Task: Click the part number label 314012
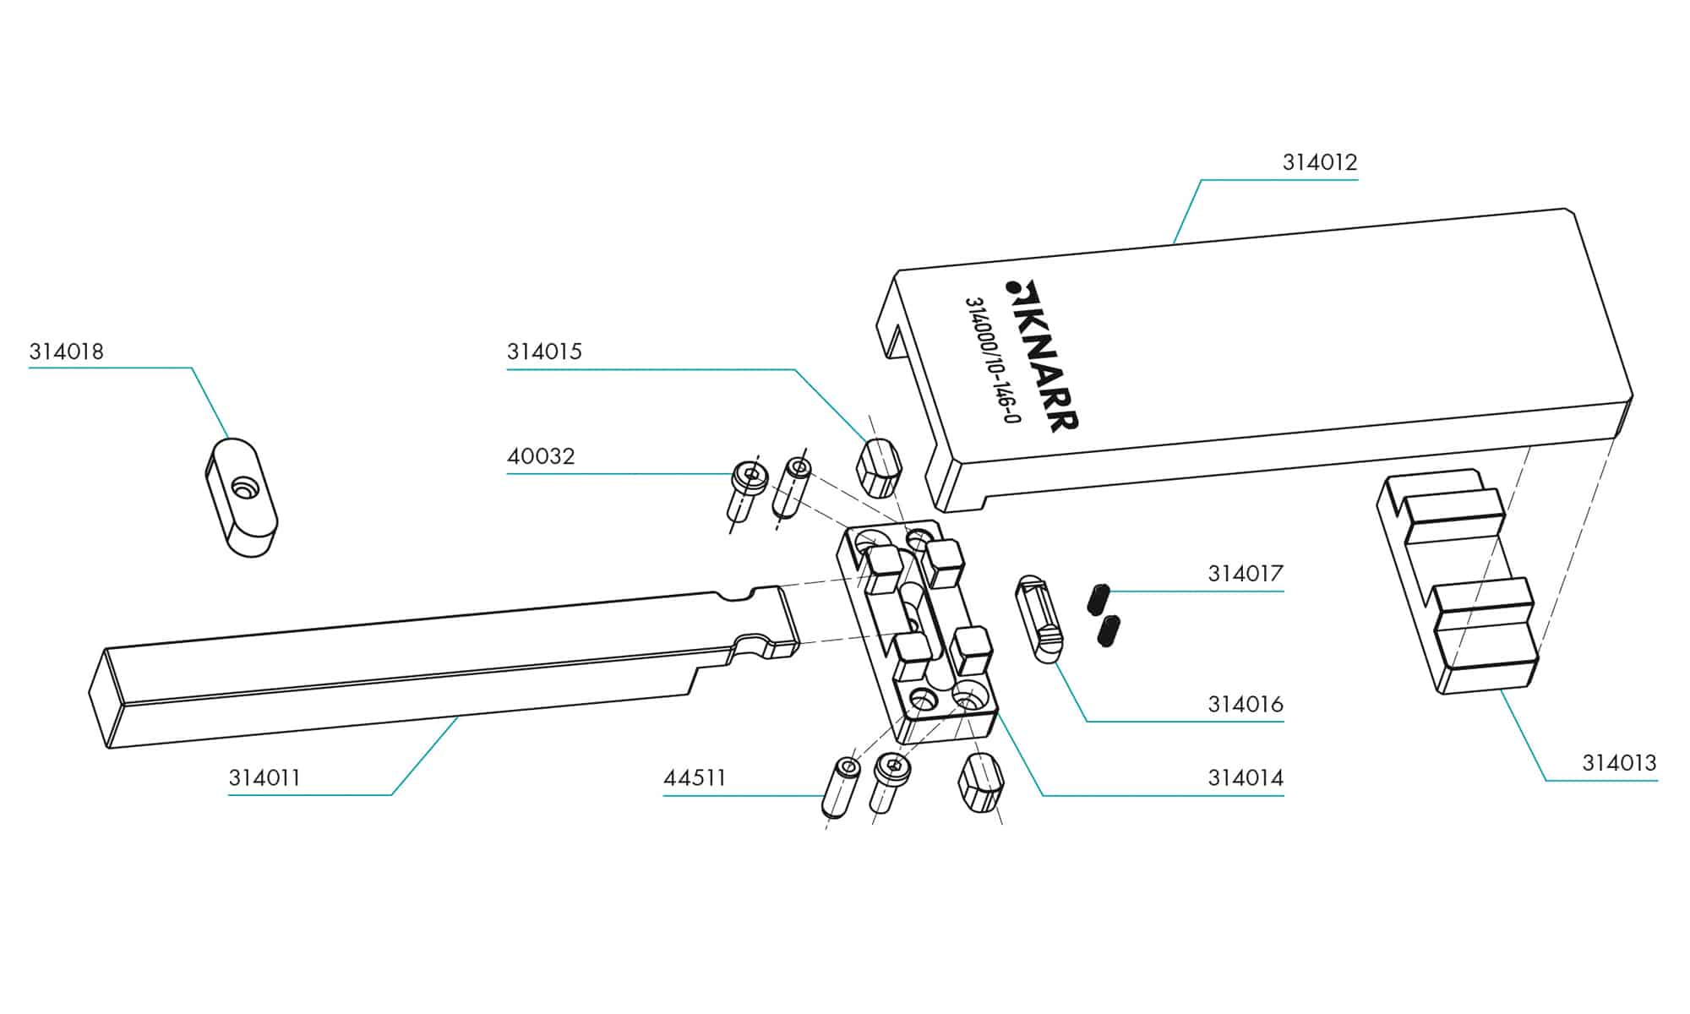tap(1319, 162)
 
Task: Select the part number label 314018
tap(66, 352)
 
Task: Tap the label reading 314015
tap(544, 352)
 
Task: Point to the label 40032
tap(541, 456)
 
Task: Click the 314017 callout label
tap(1245, 574)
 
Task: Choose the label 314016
tap(1245, 704)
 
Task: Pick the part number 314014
tap(1245, 777)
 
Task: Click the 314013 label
tap(1619, 763)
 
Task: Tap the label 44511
tap(695, 777)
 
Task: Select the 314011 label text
tap(264, 777)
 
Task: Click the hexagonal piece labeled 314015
tap(880, 467)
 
